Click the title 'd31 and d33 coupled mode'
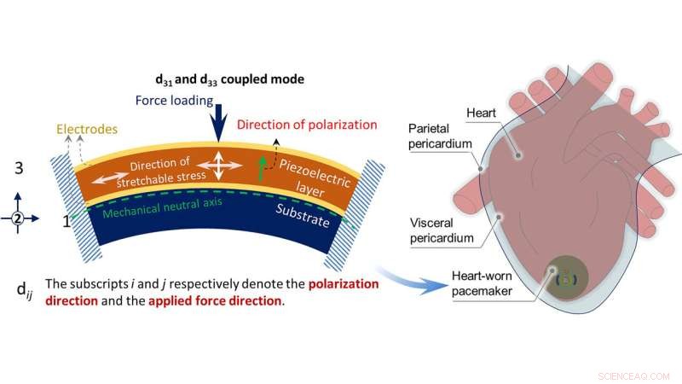point(231,79)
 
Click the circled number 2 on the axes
point(18,218)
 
